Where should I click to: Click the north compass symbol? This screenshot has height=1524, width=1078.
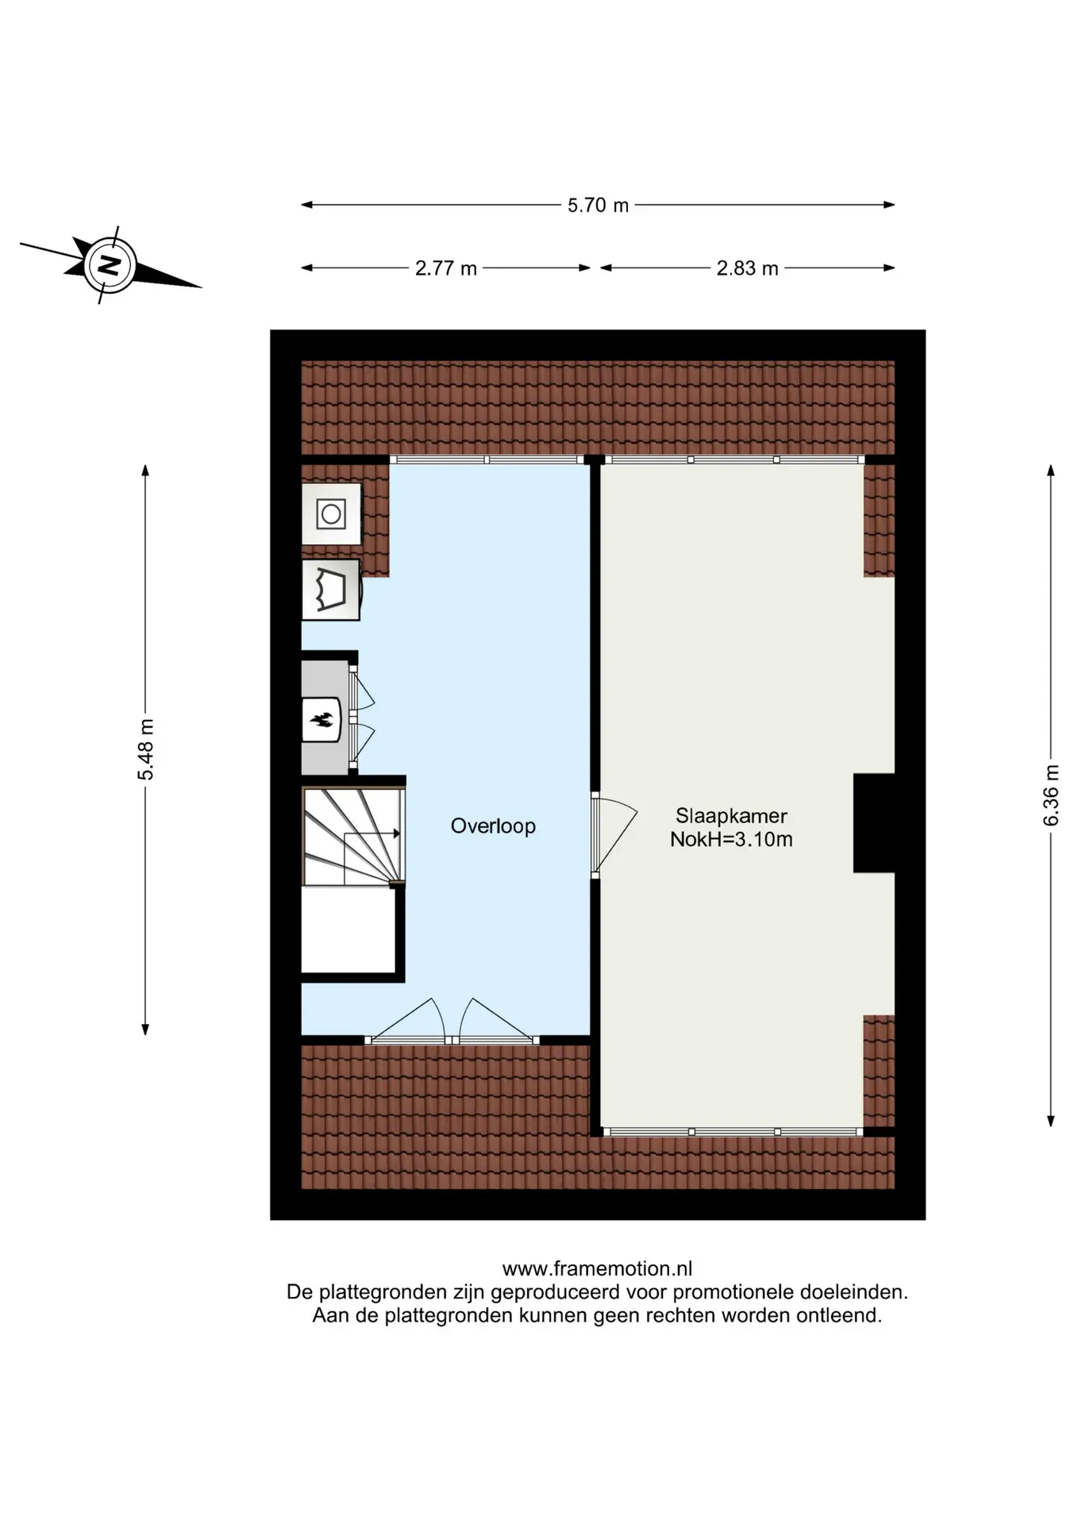tap(111, 265)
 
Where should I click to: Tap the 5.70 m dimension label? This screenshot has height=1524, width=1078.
tap(598, 206)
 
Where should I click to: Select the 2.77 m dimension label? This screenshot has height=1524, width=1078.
tap(446, 268)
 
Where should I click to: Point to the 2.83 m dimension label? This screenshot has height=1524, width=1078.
tap(748, 268)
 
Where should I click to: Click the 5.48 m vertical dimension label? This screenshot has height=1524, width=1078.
tap(146, 749)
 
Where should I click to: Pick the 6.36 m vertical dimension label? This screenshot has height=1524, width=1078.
tap(1051, 795)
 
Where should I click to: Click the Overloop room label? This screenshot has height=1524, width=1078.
tap(493, 826)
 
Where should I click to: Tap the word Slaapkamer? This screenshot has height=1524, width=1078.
tap(731, 815)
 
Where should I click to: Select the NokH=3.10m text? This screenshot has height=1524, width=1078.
tap(731, 839)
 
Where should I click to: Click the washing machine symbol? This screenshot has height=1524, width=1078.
tap(331, 514)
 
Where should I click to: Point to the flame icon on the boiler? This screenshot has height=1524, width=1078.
tap(321, 720)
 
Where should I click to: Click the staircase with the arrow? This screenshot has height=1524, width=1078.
tap(353, 836)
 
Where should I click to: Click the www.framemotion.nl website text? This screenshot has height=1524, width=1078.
tap(597, 1268)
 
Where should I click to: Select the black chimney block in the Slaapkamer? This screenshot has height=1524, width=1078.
tap(874, 823)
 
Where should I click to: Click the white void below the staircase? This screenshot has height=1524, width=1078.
tap(348, 929)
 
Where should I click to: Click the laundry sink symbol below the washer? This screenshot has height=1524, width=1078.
tap(332, 591)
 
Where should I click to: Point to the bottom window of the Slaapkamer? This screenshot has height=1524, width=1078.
tap(732, 1131)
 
